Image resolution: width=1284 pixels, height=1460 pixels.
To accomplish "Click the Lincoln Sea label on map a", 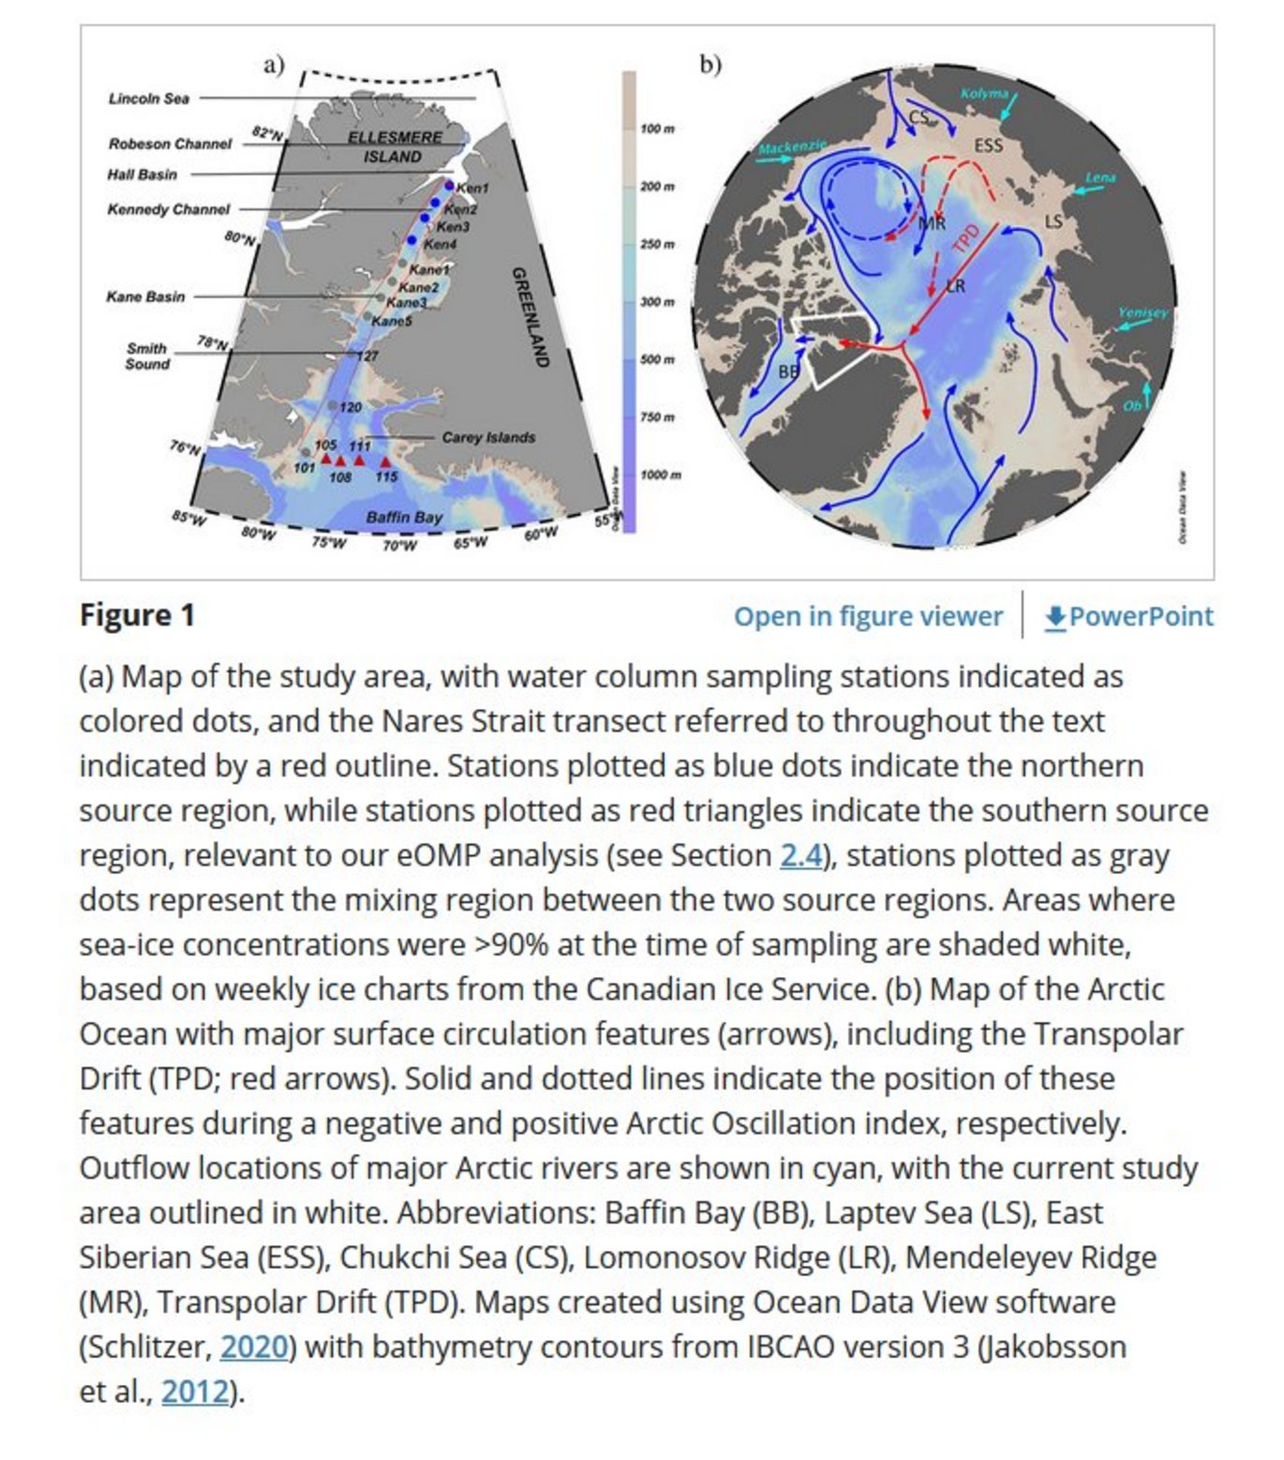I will (x=148, y=98).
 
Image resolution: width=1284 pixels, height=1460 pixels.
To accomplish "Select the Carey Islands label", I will (x=488, y=437).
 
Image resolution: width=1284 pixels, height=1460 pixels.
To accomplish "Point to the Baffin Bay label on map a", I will (x=404, y=517).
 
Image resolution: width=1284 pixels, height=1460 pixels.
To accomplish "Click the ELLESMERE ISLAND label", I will (x=394, y=147).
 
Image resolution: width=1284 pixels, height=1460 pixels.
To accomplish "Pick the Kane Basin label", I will (x=145, y=296).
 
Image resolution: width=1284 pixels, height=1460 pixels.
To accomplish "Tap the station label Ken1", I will (x=472, y=188).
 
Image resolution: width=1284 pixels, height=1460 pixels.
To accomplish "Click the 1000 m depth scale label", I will (x=660, y=474).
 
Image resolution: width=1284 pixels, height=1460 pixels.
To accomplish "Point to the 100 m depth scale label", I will (x=656, y=128).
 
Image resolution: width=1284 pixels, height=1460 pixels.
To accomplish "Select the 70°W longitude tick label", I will (x=399, y=545).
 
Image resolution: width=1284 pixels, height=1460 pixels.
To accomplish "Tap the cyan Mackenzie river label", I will (x=792, y=147).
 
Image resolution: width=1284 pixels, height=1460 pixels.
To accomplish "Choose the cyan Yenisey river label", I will (x=1142, y=312).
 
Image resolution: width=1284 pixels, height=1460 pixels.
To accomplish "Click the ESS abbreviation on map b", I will (x=988, y=145).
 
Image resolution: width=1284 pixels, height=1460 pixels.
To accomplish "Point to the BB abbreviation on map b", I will (x=788, y=371).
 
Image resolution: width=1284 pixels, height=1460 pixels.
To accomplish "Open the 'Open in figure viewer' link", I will (x=868, y=616).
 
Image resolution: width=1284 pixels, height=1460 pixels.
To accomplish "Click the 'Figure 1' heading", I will (x=137, y=615).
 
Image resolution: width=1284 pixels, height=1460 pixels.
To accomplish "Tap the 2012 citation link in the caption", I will (x=194, y=1392).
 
